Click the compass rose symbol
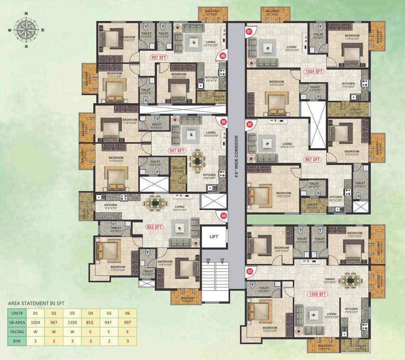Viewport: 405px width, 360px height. click(26, 30)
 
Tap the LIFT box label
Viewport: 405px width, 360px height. click(214, 237)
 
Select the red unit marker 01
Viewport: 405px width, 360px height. click(249, 32)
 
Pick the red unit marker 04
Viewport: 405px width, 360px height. click(224, 216)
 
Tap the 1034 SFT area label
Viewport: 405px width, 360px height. click(314, 72)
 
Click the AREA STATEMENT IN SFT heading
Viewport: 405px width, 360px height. click(36, 303)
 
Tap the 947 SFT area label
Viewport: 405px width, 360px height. click(177, 151)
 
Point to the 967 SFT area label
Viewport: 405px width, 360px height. click(312, 160)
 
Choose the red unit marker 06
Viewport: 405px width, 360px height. click(223, 55)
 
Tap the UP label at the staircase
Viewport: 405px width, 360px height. click(223, 259)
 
